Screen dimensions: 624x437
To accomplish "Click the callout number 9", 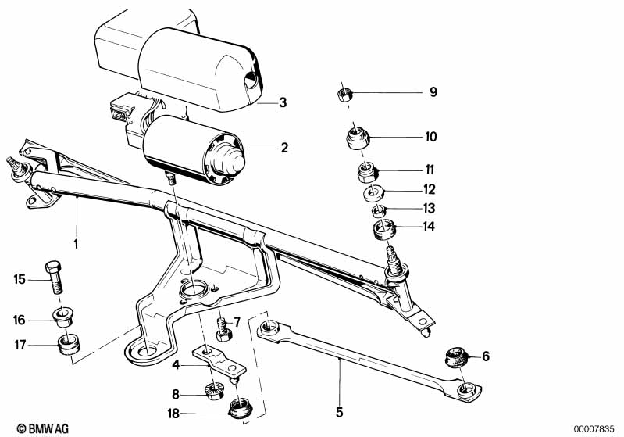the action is click(x=433, y=92).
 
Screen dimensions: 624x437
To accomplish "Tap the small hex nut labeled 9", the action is click(x=344, y=95).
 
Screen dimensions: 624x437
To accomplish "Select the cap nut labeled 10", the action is click(x=357, y=138).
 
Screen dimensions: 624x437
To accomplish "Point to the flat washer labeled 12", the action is click(x=373, y=194).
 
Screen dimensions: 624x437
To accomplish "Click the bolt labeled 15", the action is click(x=54, y=276).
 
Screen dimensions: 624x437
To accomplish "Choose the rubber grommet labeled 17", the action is click(x=69, y=345).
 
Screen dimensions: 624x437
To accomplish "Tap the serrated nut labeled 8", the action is click(x=214, y=391).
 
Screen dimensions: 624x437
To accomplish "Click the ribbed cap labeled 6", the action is click(x=456, y=357).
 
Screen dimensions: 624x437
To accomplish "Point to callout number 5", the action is click(x=339, y=412).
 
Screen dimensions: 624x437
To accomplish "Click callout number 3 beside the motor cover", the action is click(x=283, y=102).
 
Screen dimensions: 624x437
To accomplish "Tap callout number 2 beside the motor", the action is click(x=283, y=148).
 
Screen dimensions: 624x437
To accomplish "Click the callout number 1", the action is click(x=76, y=244).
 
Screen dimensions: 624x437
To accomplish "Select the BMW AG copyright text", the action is click(x=43, y=428).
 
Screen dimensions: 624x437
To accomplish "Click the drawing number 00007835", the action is click(x=594, y=429).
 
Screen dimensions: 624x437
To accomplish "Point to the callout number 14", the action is click(x=429, y=227).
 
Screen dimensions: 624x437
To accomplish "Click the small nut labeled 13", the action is click(x=380, y=210).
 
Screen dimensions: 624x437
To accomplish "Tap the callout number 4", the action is click(x=176, y=364).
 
